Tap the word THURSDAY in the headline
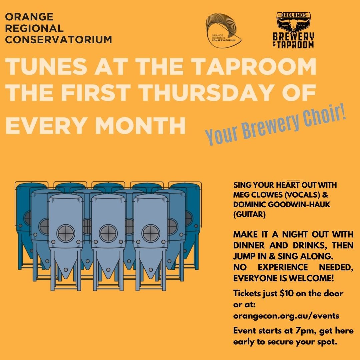[204, 93]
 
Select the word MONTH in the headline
[140, 125]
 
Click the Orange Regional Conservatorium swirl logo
[223, 31]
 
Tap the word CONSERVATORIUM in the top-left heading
[59, 39]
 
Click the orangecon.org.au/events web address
[286, 316]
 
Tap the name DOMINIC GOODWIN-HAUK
[282, 205]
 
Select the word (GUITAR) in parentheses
[249, 214]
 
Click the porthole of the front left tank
[66, 233]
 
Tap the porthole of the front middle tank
[108, 233]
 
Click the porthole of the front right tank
[151, 233]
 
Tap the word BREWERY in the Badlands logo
[293, 37]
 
